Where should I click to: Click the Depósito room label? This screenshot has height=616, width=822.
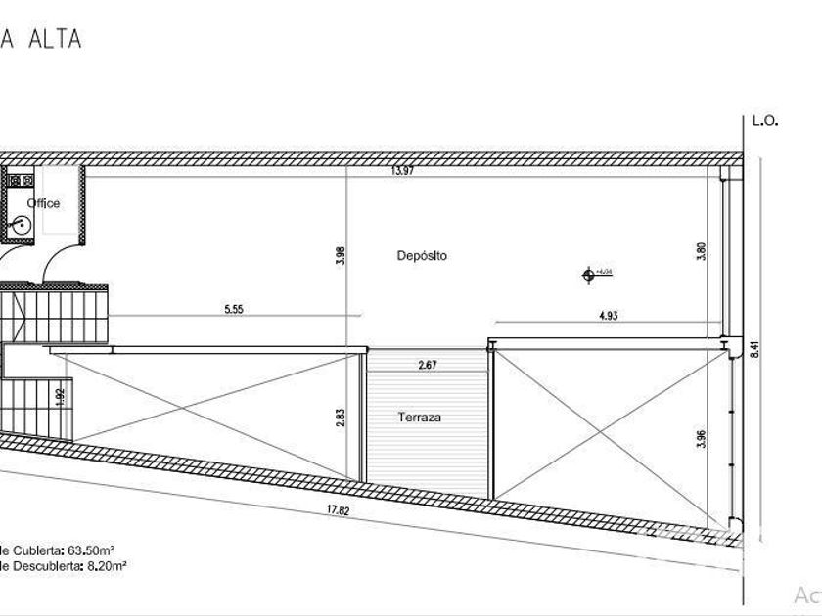pos(422,256)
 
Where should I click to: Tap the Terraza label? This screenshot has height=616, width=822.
pos(419,418)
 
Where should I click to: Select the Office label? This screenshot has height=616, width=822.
pos(43,203)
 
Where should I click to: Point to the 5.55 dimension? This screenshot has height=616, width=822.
pos(233,310)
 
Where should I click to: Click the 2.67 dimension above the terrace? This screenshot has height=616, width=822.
pos(427,366)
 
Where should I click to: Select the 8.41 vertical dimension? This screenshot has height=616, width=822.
pos(753,348)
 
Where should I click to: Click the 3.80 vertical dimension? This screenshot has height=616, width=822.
pos(701,251)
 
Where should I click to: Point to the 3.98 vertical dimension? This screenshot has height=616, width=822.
pos(341,256)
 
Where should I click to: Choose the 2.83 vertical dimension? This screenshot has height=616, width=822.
pos(341,418)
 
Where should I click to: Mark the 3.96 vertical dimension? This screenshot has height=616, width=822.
pos(701,437)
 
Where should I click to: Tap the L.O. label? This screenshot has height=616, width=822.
pos(764,122)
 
